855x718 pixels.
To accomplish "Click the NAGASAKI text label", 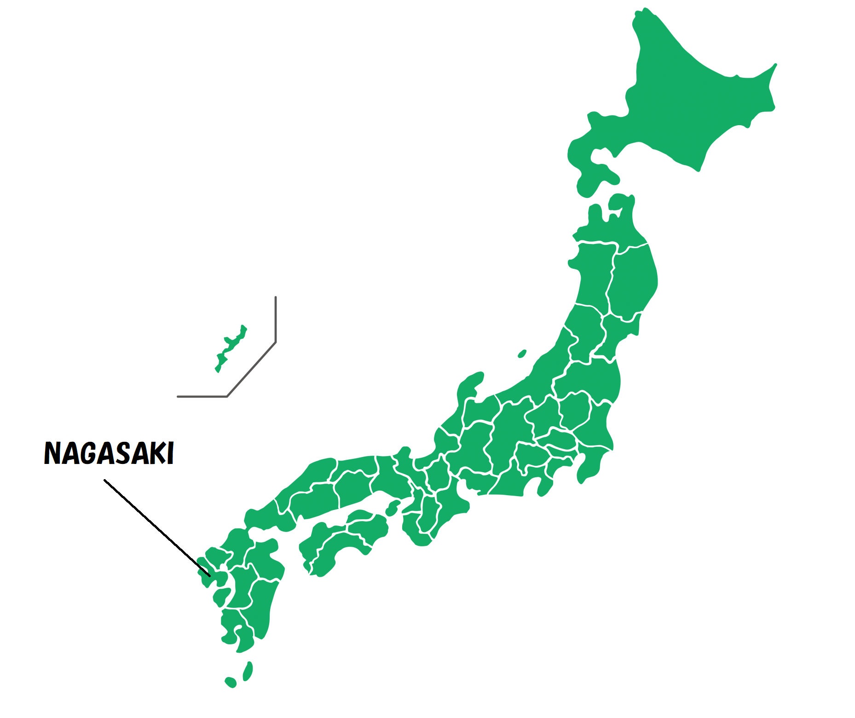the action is pyautogui.click(x=109, y=453).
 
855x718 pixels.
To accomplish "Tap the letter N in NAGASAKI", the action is pyautogui.click(x=53, y=453).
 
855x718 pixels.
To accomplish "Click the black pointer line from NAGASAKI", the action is pyautogui.click(x=156, y=527).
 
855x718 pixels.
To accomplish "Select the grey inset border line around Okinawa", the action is pyautogui.click(x=276, y=322).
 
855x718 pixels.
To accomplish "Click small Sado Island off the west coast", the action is pyautogui.click(x=522, y=354).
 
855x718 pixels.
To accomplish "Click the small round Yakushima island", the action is pyautogui.click(x=231, y=682).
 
